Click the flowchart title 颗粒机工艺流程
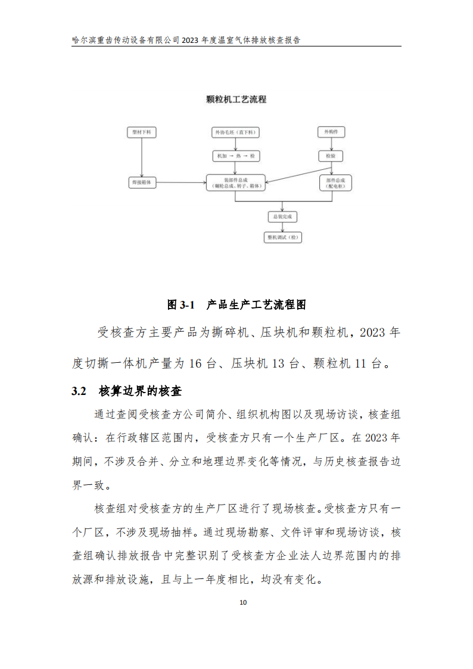click(x=236, y=99)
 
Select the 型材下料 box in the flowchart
click(x=142, y=132)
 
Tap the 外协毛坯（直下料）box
click(x=236, y=132)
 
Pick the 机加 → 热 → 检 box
click(x=236, y=155)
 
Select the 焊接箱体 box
click(x=142, y=183)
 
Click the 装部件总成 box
click(x=236, y=183)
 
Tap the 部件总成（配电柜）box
click(x=335, y=183)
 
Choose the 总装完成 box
click(x=282, y=217)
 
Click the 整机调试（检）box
click(x=282, y=237)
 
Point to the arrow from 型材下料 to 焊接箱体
click(x=142, y=157)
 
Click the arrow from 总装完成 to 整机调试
click(x=282, y=227)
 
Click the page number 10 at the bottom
click(x=242, y=602)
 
